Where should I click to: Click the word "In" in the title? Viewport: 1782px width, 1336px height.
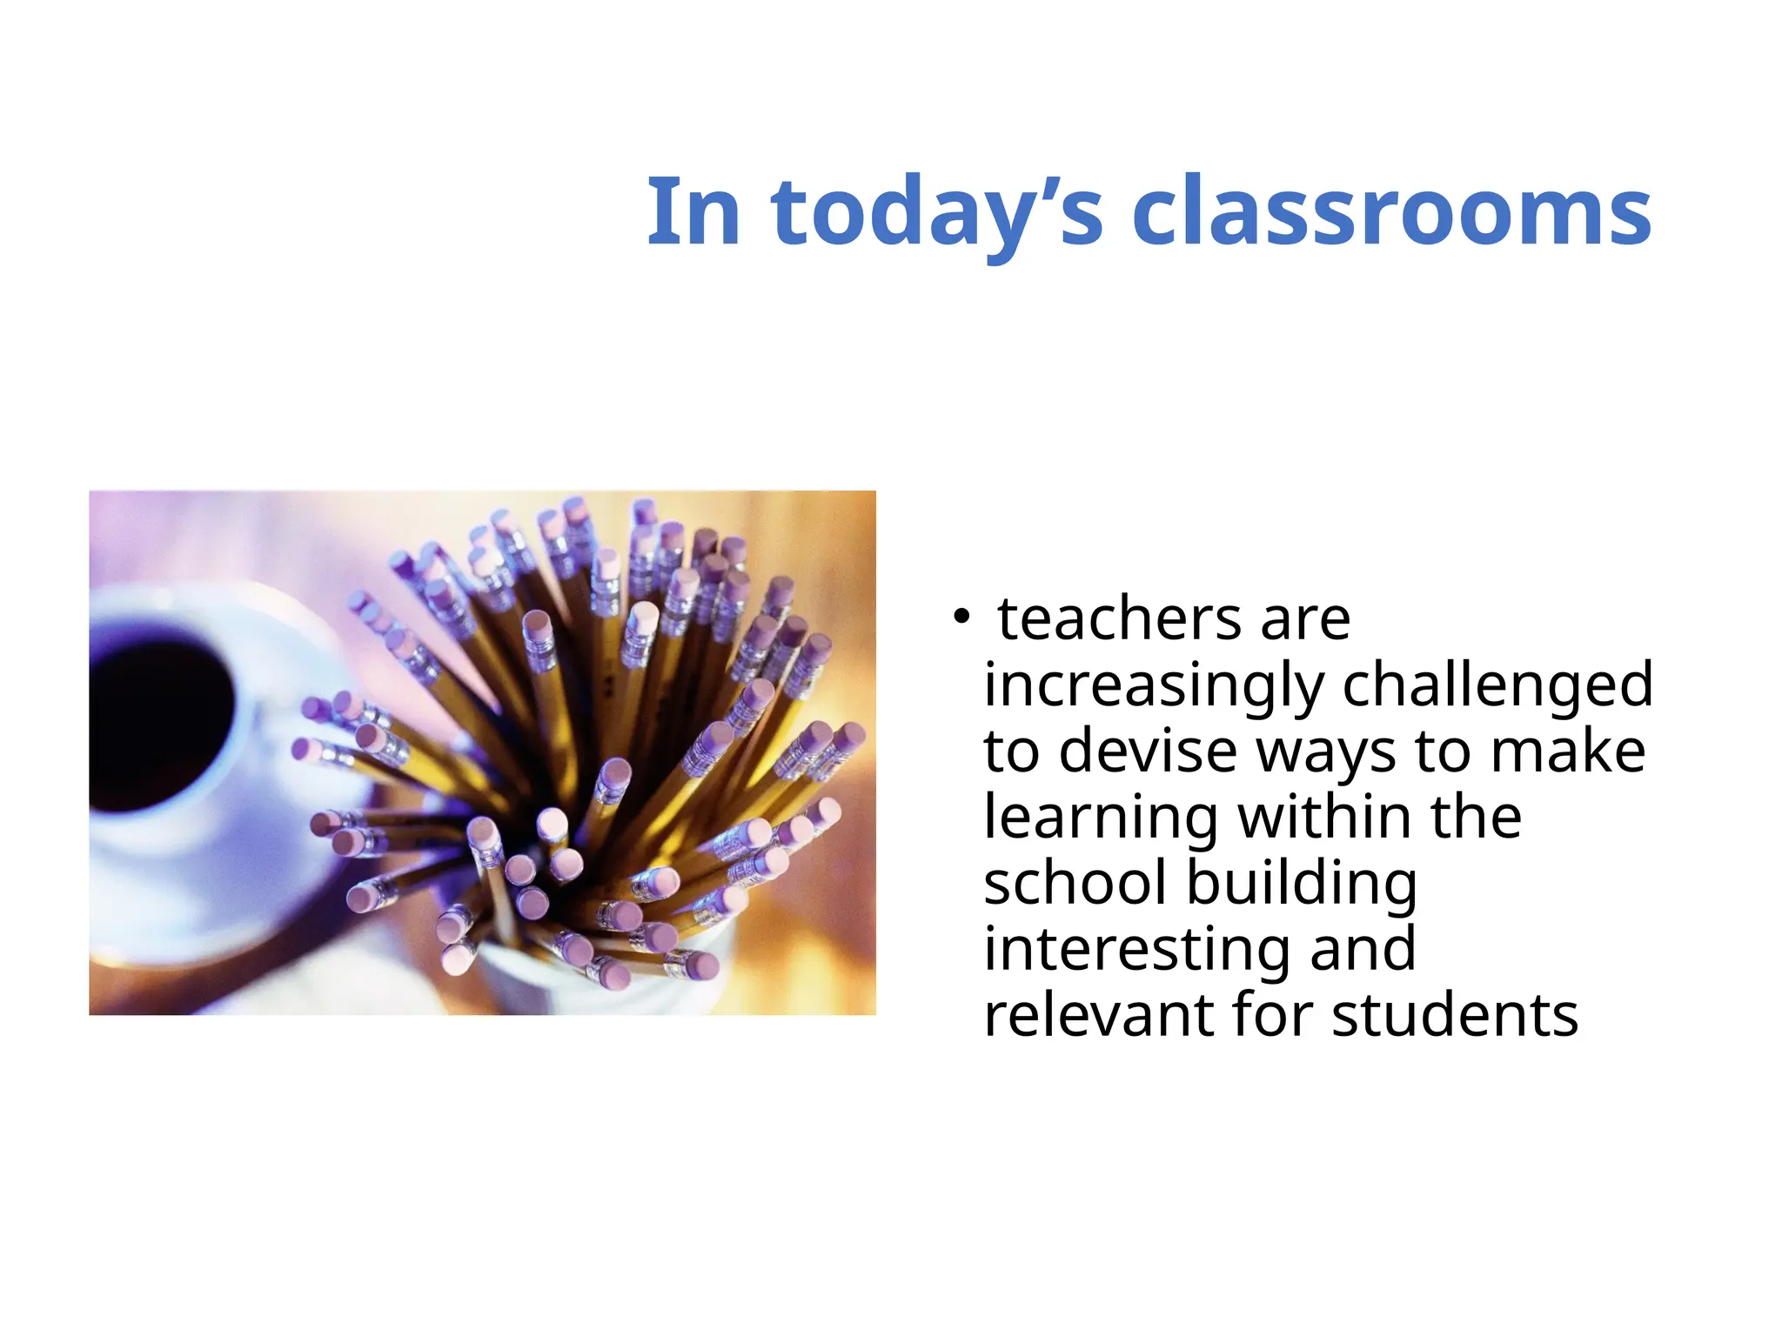(x=693, y=211)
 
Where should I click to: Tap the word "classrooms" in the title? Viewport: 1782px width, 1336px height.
(x=1390, y=211)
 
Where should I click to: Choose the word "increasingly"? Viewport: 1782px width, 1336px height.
(x=1154, y=685)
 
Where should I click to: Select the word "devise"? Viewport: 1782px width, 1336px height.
(x=1148, y=751)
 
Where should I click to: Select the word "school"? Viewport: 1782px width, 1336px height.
(x=1075, y=883)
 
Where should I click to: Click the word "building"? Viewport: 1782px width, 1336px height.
(x=1302, y=885)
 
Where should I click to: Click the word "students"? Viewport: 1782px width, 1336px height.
(x=1455, y=1015)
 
